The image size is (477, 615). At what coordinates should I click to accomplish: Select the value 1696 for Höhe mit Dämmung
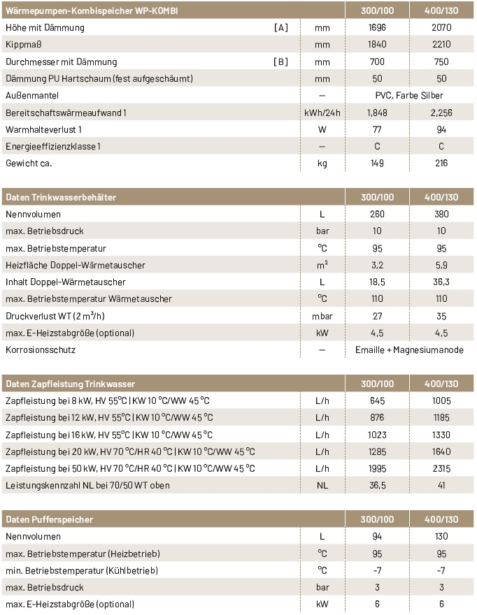point(377,28)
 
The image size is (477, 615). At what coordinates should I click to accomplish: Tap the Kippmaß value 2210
point(441,45)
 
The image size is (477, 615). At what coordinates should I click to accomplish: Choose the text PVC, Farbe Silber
point(409,96)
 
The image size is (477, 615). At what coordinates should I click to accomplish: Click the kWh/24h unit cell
point(322,113)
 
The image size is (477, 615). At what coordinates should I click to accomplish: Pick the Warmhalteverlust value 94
point(441,129)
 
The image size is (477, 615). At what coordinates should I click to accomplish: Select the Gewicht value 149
point(377,164)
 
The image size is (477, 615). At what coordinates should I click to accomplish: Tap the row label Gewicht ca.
point(29,164)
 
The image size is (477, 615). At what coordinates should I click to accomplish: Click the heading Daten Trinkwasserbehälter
point(61,198)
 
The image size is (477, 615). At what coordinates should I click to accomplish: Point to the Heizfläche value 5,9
point(441,266)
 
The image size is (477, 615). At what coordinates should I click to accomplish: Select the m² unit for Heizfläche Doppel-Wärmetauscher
point(322,266)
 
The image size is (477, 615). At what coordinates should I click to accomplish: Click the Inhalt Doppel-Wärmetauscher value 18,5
point(377,282)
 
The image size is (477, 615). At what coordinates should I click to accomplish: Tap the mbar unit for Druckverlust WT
point(322,316)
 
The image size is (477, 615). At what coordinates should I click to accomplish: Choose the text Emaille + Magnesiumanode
point(409,350)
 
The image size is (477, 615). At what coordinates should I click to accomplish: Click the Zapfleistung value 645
point(377,401)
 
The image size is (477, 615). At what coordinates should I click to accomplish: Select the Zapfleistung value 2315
point(441,468)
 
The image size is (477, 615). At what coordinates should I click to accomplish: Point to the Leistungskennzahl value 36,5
point(377,486)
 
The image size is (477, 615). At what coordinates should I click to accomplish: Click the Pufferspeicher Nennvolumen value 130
point(441,537)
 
